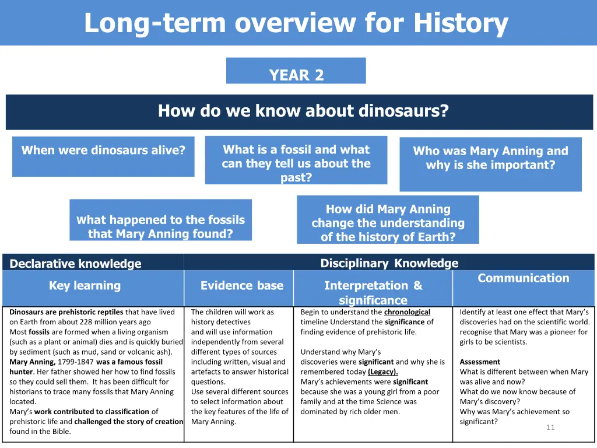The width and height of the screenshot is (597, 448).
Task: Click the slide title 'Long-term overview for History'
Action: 296,23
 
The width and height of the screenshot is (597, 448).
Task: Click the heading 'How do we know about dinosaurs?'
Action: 303,110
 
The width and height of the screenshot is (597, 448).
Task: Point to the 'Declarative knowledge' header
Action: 75,264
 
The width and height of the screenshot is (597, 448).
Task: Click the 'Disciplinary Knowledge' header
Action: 389,263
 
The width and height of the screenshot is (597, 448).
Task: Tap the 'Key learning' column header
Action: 85,285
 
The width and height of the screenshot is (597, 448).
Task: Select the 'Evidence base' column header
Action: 241,285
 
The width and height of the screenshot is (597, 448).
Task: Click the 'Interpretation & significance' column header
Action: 373,292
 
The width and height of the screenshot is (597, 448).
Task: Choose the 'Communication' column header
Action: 523,278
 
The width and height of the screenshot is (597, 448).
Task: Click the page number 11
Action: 550,428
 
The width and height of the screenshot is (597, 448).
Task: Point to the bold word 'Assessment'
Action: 480,362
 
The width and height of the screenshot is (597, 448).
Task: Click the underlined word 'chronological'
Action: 407,312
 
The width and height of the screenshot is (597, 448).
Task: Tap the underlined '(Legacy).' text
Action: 382,372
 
